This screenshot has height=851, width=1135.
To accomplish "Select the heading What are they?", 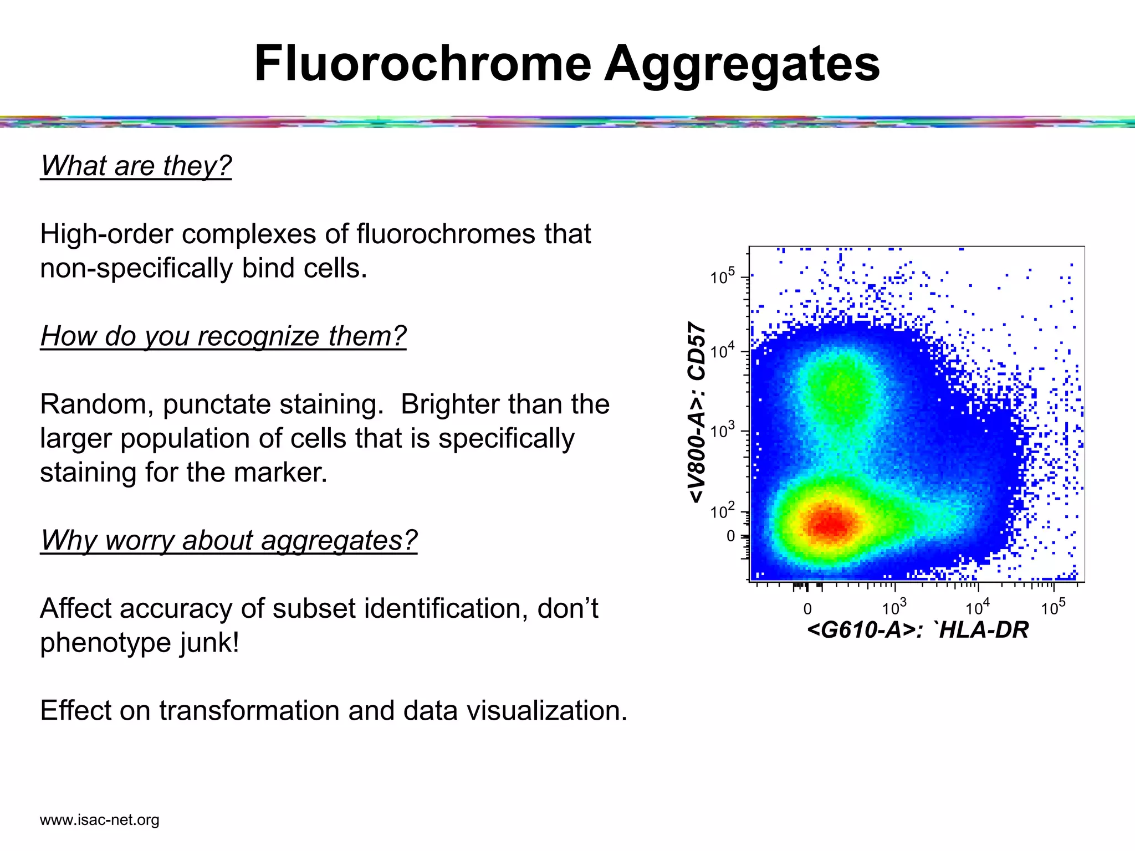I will (136, 166).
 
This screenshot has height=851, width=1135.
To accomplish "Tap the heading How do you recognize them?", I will (223, 336).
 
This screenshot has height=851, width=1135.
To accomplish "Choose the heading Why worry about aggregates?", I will (228, 540).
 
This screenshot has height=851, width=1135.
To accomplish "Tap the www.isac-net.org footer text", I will (99, 820).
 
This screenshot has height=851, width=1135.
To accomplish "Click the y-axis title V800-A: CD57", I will (697, 412).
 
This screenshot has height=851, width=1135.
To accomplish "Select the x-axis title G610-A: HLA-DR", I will (918, 630).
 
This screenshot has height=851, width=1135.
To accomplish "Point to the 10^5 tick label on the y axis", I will (722, 276).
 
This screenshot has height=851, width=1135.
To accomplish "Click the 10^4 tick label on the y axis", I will (722, 351).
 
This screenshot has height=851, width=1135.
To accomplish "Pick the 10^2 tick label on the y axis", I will (722, 511).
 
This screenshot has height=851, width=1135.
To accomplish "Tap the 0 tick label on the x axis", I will (807, 609).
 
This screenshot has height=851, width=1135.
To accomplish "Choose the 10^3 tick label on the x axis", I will (894, 608).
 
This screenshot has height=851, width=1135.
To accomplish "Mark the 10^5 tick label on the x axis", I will (1052, 608).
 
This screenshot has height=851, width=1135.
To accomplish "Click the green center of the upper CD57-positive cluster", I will (840, 388).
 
